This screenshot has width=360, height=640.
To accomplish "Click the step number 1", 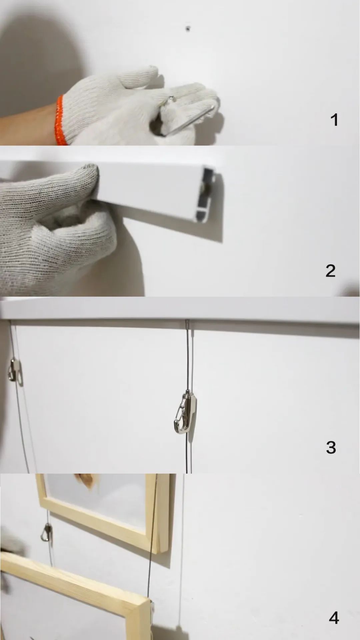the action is [334, 120].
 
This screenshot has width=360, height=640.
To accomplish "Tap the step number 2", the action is [330, 271].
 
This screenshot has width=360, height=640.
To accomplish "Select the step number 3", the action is [331, 447].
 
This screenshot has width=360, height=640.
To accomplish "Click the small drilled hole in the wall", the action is [188, 29].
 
